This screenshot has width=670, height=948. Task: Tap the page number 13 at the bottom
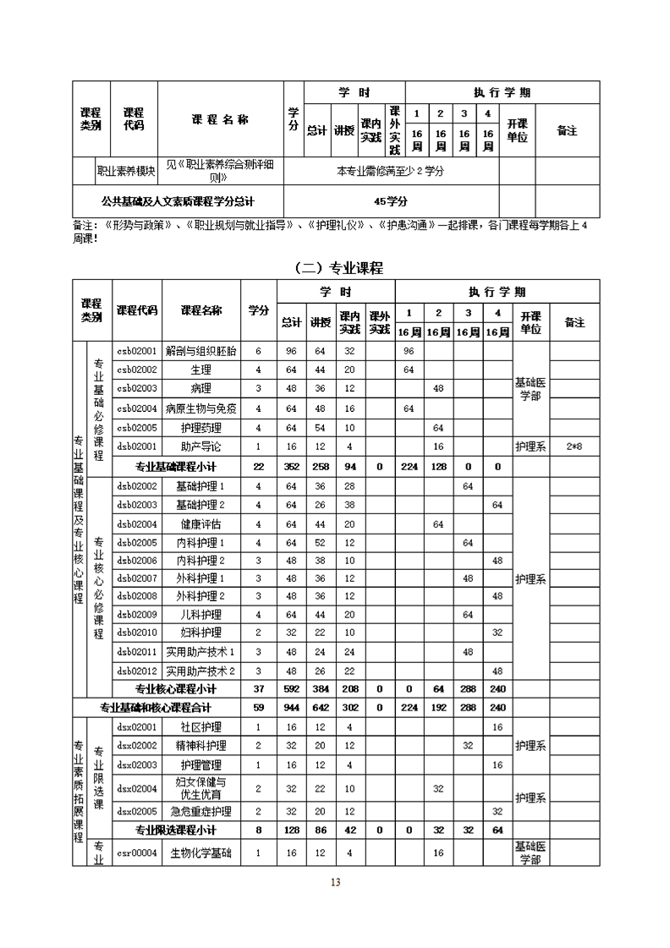coord(335,883)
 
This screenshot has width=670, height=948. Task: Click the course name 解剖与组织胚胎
coord(200,350)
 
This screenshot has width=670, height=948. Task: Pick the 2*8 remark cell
coord(574,446)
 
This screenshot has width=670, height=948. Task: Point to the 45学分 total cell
coord(391,202)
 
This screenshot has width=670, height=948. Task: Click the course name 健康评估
coord(200,524)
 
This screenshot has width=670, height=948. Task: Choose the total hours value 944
coord(292,708)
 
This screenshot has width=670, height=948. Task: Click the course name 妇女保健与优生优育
coord(200,788)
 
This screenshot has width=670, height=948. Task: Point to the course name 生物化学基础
coord(200,853)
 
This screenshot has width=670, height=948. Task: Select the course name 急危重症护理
coord(200,811)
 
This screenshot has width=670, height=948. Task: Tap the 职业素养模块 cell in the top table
coord(126,171)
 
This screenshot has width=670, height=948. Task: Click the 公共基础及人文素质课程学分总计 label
coord(177,202)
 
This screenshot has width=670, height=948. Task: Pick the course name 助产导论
coord(200,446)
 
